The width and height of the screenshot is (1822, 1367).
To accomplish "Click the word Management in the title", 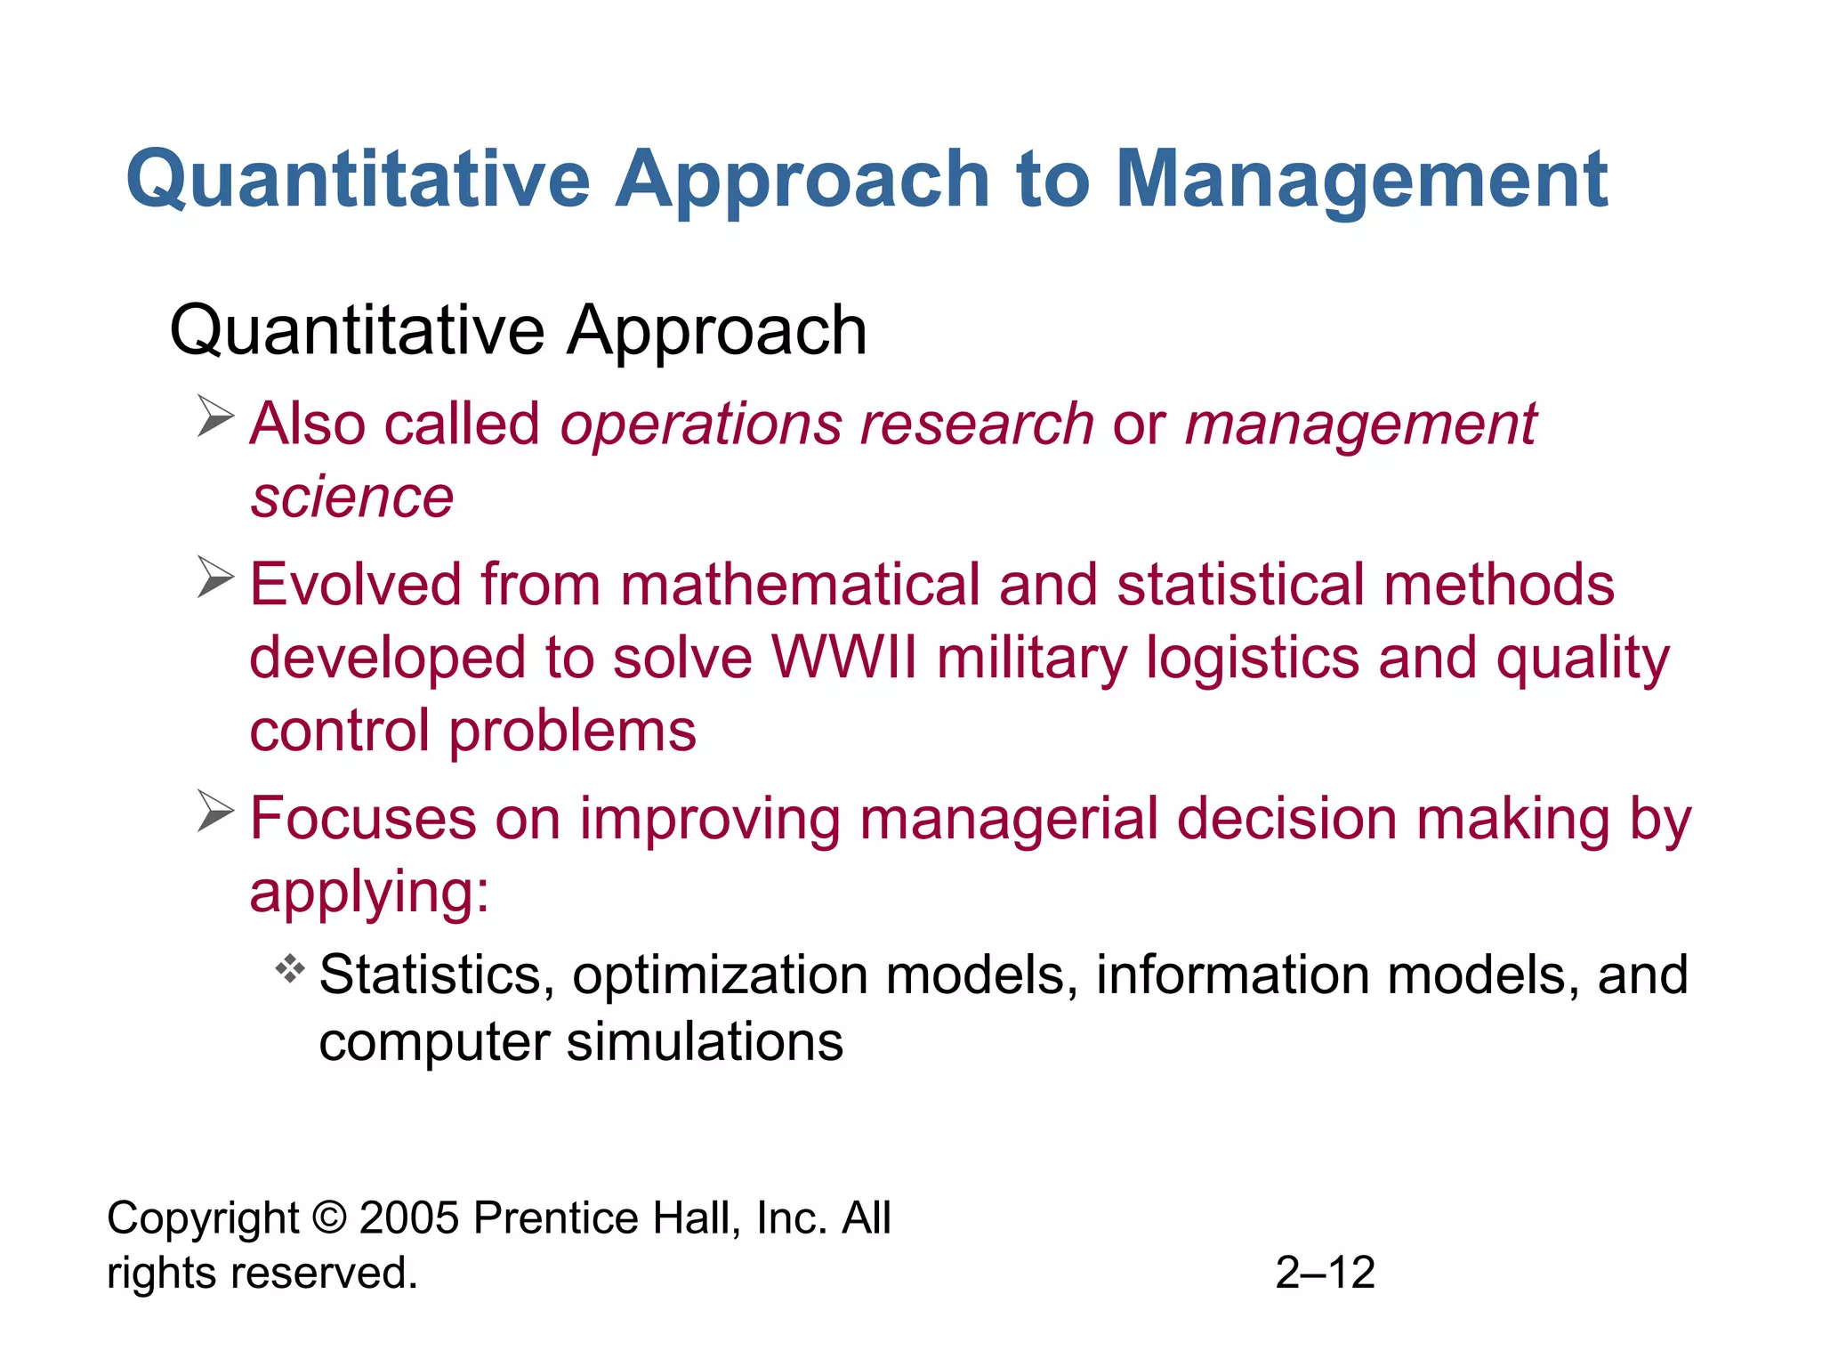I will click(x=1361, y=181).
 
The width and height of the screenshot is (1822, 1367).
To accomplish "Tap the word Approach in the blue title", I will click(x=802, y=181).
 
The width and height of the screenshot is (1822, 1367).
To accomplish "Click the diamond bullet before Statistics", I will click(x=290, y=968).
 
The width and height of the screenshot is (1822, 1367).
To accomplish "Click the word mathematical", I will click(x=800, y=585).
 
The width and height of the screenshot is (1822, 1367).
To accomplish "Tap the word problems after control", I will click(x=572, y=732).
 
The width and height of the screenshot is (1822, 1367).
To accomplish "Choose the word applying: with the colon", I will click(x=369, y=893).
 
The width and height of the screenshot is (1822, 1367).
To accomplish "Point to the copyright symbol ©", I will click(x=329, y=1217).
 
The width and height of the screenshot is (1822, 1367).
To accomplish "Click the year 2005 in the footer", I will click(x=409, y=1217).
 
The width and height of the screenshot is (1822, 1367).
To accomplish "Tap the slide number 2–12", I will click(x=1325, y=1273).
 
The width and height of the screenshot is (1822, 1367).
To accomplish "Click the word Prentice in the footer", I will click(x=555, y=1217).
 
